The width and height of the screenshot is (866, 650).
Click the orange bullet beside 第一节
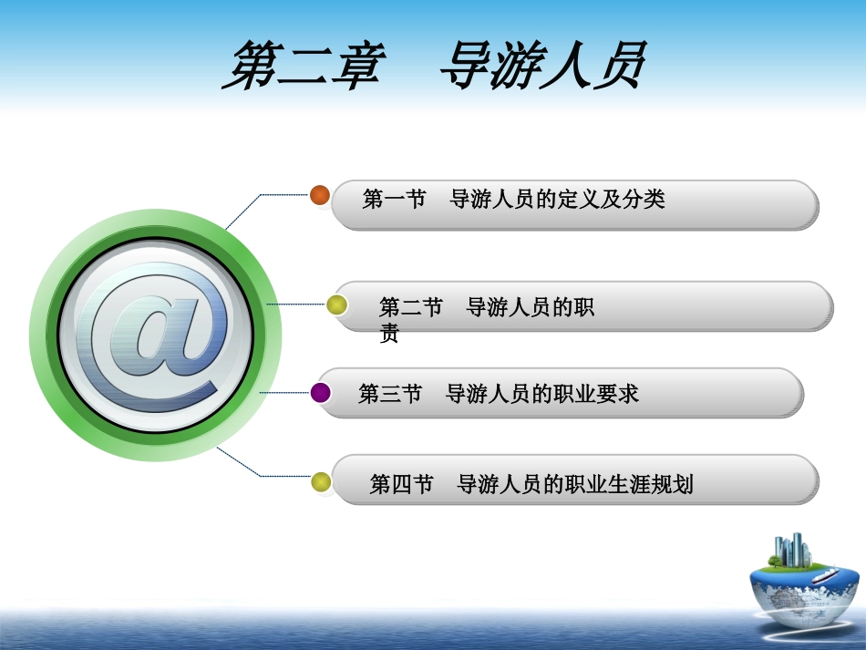pos(320,195)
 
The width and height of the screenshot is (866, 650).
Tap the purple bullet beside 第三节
pos(321,393)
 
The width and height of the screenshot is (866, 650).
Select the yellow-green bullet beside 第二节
pos(336,305)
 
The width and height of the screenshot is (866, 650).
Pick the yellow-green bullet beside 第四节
pos(321,482)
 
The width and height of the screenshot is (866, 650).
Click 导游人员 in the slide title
pos(541,65)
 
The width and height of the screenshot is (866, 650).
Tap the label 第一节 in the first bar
pos(394,200)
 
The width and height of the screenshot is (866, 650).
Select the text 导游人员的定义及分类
pos(558,200)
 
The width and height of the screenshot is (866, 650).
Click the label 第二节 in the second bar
pos(410,307)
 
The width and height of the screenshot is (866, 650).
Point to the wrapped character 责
pos(389,335)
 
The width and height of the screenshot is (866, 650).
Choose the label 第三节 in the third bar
pos(390,394)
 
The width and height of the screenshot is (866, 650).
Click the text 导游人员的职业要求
pos(542,394)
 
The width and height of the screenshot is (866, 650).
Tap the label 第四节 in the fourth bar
pos(401,484)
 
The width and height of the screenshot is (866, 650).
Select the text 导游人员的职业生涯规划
pos(575,484)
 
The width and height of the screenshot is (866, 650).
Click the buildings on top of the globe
pos(792,550)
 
